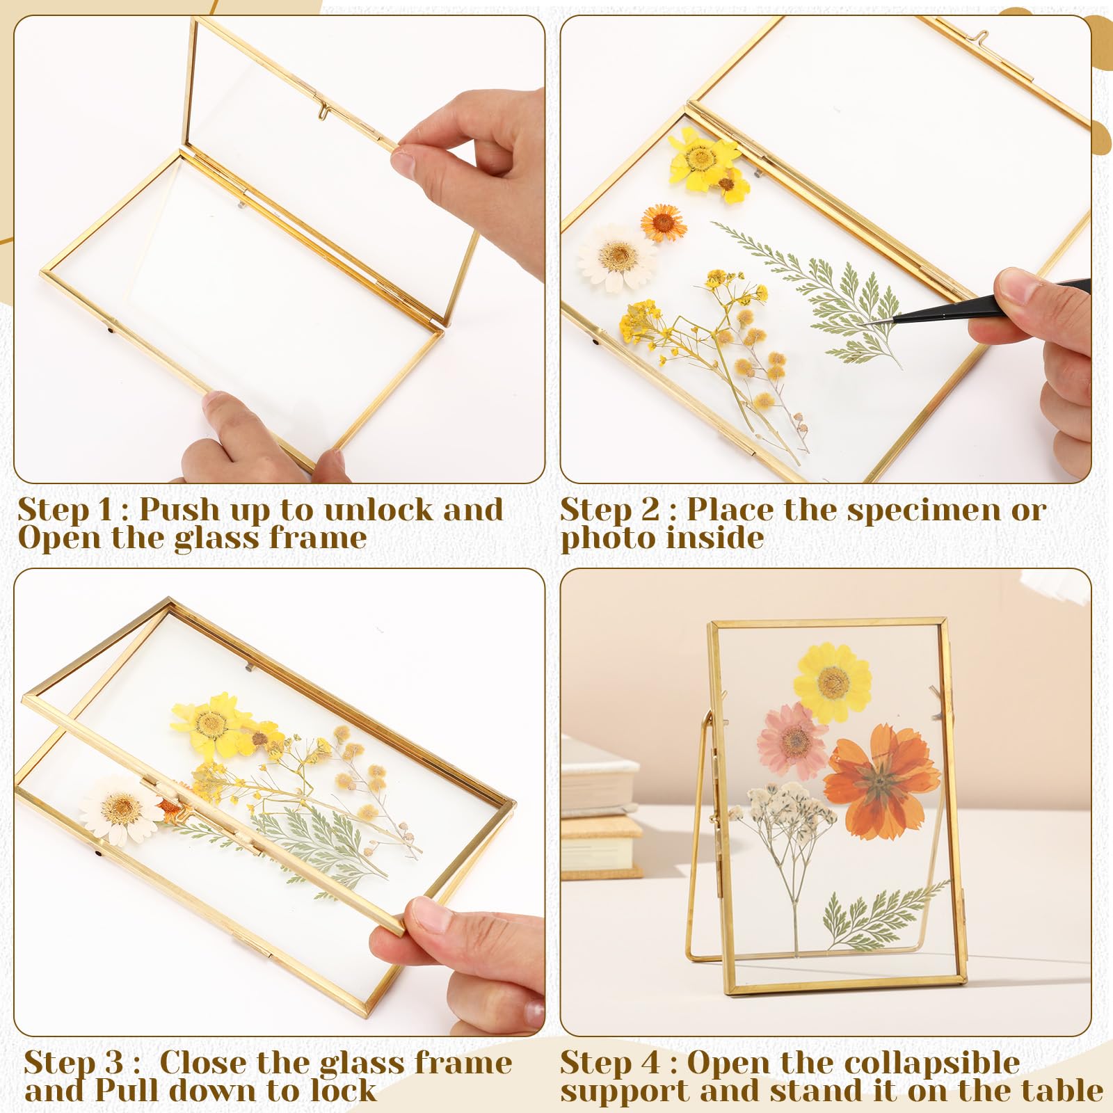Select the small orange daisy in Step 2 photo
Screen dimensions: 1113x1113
[x=664, y=221]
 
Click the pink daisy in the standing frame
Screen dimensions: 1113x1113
[x=793, y=742]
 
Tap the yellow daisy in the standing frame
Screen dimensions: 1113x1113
[x=833, y=682]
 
